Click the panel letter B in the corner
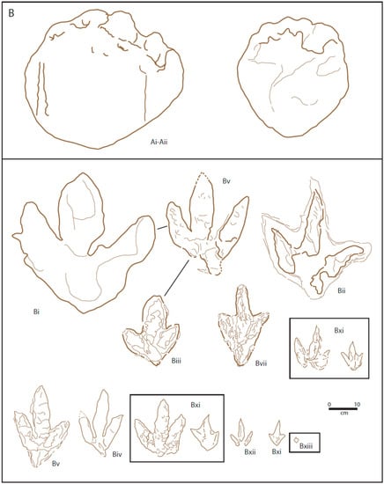tap(11, 13)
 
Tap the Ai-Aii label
tap(159, 143)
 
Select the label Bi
tap(36, 312)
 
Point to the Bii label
tap(342, 290)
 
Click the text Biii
tap(176, 360)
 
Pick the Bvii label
tap(261, 363)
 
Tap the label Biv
tap(117, 454)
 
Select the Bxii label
tap(250, 452)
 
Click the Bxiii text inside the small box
tap(306, 446)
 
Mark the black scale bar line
tap(343, 409)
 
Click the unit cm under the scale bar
tap(343, 413)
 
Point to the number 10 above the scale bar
tap(357, 405)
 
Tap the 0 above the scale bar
tap(329, 405)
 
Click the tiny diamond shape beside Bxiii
tap(296, 439)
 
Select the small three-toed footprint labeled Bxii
tap(241, 432)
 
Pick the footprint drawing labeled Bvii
tap(243, 326)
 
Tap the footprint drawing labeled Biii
tap(151, 330)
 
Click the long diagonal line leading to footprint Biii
tap(176, 278)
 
